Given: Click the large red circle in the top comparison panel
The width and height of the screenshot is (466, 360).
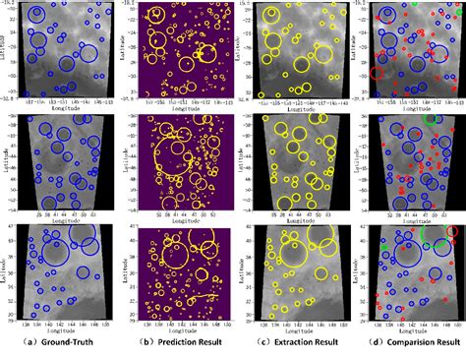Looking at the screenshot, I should [x=376, y=74].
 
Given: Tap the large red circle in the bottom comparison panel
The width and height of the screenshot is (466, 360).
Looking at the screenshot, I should [x=452, y=233].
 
